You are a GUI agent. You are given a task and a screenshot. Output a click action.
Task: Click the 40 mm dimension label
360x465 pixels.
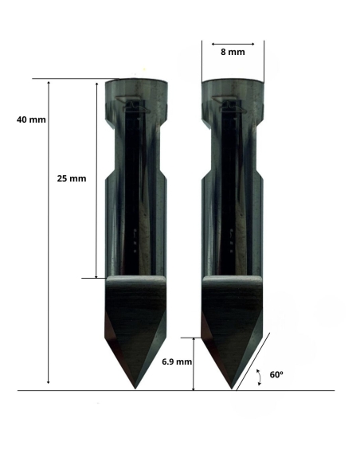(31, 119)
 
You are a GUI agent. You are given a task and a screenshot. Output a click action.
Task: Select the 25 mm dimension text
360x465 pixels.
(72, 178)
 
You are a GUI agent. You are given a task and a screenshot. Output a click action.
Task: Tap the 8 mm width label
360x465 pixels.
(233, 52)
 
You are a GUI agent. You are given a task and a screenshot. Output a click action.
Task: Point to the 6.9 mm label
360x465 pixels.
(176, 361)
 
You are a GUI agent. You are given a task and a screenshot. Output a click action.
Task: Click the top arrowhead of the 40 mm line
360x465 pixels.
(49, 82)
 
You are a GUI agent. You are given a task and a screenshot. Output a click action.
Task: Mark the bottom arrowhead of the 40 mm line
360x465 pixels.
(49, 383)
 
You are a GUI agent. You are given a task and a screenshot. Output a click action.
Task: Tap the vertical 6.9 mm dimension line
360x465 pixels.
(194, 362)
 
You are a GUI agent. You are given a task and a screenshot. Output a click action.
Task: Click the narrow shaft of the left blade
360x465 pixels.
(136, 199)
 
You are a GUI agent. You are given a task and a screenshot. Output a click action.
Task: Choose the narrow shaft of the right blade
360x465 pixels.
(233, 199)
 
